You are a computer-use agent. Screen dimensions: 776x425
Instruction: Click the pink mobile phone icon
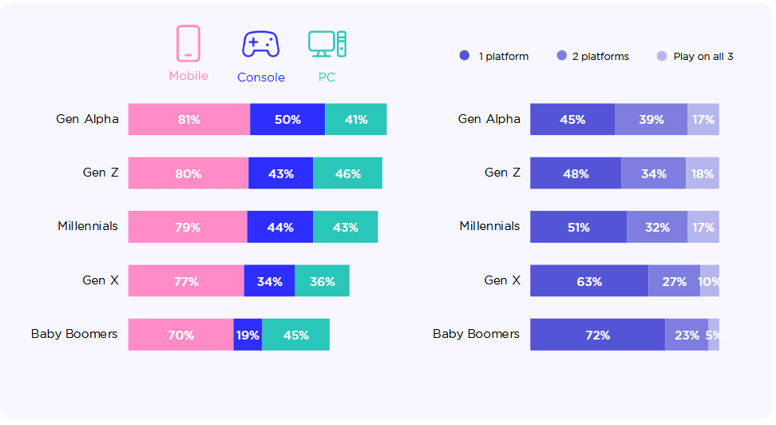[188, 44]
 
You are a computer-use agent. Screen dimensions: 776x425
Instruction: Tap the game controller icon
[261, 45]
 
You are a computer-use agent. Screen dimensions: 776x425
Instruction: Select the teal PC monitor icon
[327, 44]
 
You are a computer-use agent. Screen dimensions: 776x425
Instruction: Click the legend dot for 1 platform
[464, 55]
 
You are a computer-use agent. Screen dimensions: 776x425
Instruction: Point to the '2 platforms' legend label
[600, 57]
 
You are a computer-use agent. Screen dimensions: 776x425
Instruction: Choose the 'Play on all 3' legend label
[703, 57]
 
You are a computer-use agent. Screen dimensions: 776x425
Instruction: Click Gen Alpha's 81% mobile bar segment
[189, 119]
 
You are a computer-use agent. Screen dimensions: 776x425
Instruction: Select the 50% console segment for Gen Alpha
[287, 119]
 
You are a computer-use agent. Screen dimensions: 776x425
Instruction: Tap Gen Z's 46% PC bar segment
[347, 173]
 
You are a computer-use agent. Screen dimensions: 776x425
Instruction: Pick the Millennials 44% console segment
[280, 227]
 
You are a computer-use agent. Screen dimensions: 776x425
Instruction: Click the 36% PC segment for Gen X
[323, 281]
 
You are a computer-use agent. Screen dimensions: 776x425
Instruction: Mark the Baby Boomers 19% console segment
[248, 335]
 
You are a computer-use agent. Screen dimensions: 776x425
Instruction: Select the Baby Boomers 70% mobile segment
[181, 335]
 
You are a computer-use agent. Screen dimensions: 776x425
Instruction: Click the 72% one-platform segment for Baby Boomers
[598, 335]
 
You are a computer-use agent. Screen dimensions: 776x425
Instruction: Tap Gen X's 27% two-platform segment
[675, 281]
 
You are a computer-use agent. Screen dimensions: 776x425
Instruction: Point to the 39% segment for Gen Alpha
[651, 119]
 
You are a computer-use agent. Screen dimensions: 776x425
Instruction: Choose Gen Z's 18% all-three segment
[703, 173]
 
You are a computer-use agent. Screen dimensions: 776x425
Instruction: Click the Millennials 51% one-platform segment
[579, 227]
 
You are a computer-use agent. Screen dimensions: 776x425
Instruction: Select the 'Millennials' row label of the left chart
[88, 226]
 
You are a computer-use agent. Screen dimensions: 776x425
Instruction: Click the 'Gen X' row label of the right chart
[502, 280]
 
